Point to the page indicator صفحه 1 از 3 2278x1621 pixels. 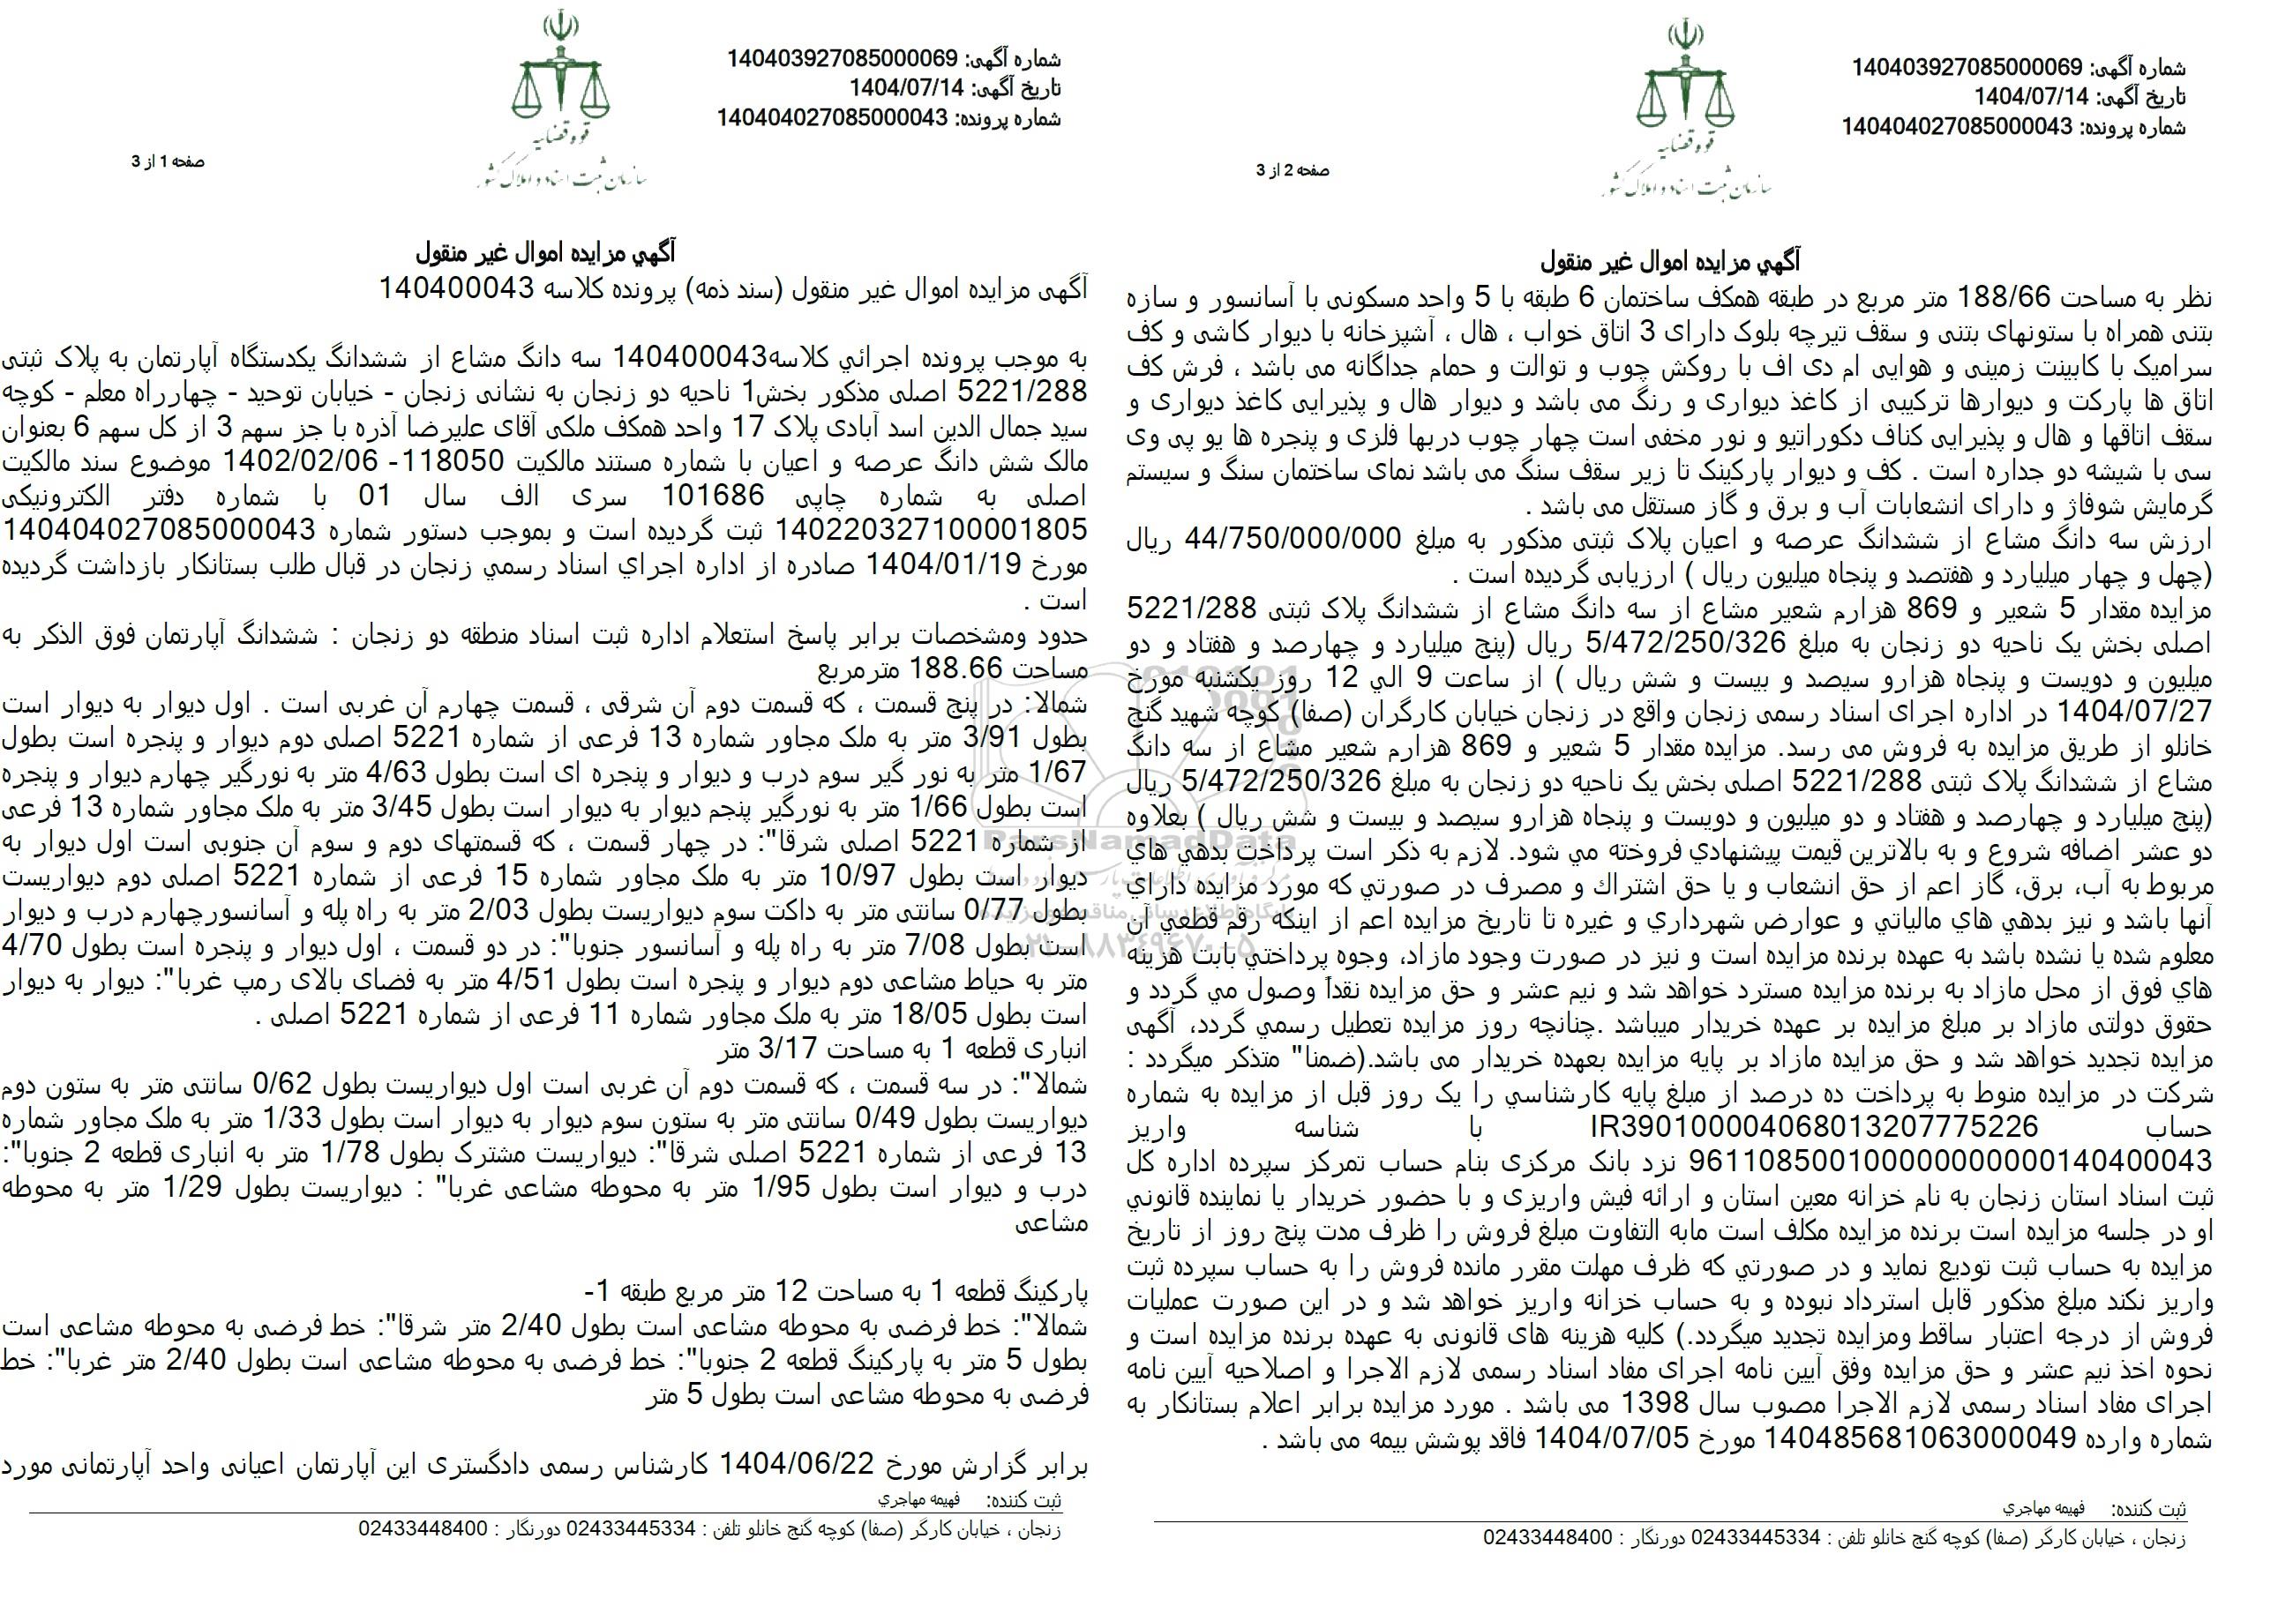point(168,161)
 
